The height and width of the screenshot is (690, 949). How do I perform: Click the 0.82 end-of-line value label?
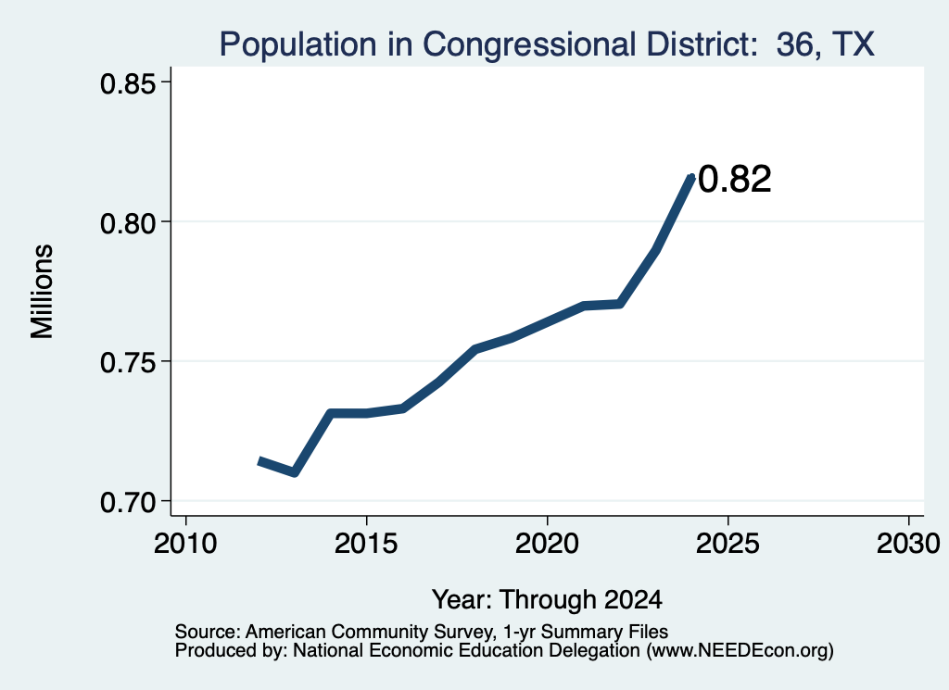[735, 179]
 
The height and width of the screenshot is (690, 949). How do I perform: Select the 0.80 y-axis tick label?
[129, 223]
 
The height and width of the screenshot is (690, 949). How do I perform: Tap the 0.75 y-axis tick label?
[129, 363]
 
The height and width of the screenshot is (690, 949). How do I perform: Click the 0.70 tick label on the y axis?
[129, 502]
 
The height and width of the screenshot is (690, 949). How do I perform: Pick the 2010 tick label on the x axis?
[185, 544]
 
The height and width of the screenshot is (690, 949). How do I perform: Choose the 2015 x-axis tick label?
[365, 544]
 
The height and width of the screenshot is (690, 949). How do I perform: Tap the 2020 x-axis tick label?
[547, 544]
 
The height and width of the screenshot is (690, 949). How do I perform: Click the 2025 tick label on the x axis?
[727, 544]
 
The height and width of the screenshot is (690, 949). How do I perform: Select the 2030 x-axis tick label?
[908, 544]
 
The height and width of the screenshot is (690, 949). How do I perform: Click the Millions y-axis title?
[43, 292]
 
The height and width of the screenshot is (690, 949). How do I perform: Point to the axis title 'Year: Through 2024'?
[547, 599]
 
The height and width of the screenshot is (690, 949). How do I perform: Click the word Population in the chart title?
[297, 44]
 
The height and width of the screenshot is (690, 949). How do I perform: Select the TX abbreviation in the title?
[854, 44]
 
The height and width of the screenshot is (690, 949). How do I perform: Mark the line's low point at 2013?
[294, 472]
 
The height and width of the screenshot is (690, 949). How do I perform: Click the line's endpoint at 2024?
[691, 177]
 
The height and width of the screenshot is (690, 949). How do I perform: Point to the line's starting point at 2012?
[259, 461]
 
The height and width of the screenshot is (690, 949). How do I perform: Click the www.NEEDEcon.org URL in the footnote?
[740, 650]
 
